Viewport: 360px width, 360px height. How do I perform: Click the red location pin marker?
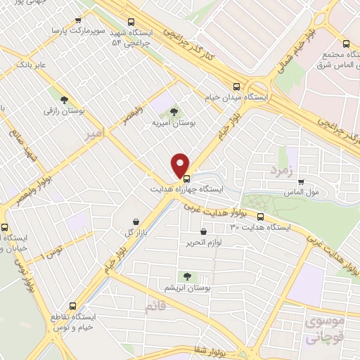tap(180, 165)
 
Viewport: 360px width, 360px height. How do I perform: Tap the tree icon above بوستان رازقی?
tap(65, 101)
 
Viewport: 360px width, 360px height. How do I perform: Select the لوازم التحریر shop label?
tap(204, 243)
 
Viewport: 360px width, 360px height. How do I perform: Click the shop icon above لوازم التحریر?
tap(204, 231)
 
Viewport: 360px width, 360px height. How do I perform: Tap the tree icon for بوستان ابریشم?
tap(187, 276)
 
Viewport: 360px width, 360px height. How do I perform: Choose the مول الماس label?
tap(304, 191)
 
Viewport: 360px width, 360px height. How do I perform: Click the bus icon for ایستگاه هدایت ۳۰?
tap(261, 217)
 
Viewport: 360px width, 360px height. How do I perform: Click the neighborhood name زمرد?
tap(280, 170)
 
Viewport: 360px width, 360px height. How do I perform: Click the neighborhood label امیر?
tap(91, 134)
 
